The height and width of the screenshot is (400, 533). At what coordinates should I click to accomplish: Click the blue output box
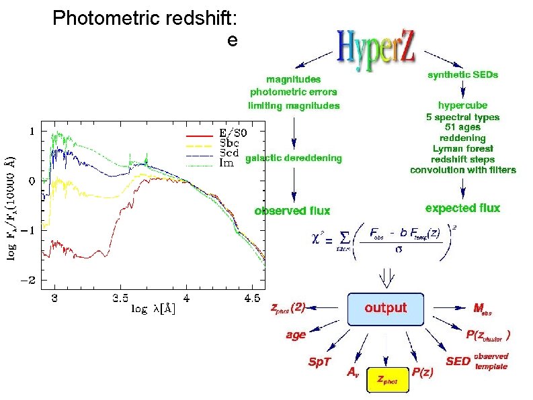pyautogui.click(x=385, y=308)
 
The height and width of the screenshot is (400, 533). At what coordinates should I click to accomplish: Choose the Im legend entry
pyautogui.click(x=226, y=164)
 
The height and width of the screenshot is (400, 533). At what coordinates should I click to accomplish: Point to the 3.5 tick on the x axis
pyautogui.click(x=121, y=297)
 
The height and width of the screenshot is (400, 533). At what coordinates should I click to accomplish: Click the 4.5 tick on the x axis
pyautogui.click(x=253, y=297)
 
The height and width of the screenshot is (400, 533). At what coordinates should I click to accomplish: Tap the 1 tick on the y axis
pyautogui.click(x=32, y=132)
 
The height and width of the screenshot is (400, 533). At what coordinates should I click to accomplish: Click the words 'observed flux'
pyautogui.click(x=292, y=211)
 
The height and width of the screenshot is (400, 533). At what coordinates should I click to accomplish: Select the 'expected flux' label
pyautogui.click(x=463, y=208)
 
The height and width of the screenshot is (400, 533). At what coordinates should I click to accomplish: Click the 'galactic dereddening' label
pyautogui.click(x=294, y=158)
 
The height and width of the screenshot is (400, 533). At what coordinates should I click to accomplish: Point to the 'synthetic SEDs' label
pyautogui.click(x=463, y=75)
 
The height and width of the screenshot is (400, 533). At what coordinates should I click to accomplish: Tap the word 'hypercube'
pyautogui.click(x=463, y=105)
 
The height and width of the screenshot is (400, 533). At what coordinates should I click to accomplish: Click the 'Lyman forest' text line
pyautogui.click(x=463, y=148)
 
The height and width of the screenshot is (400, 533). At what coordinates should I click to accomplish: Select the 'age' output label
pyautogui.click(x=296, y=335)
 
